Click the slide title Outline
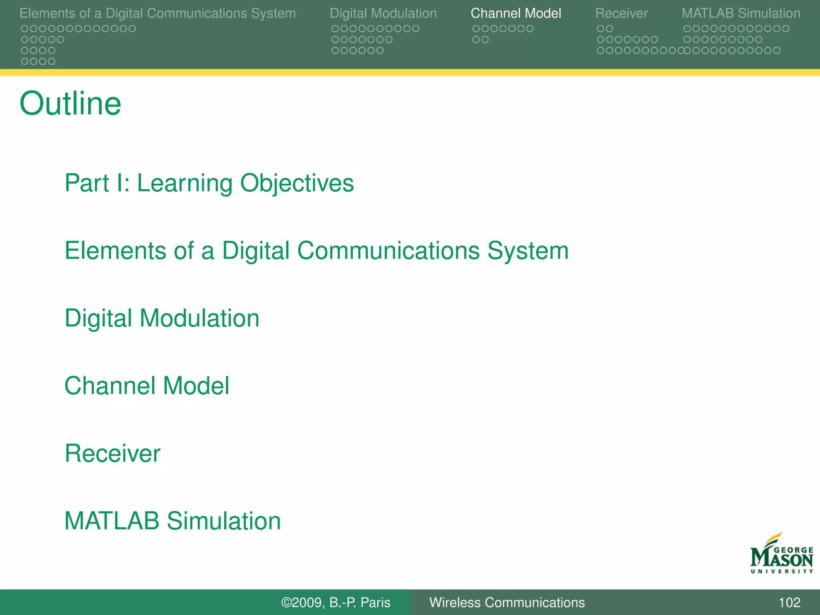pyautogui.click(x=70, y=104)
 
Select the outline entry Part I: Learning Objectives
pyautogui.click(x=209, y=183)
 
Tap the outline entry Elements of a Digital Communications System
pyautogui.click(x=316, y=251)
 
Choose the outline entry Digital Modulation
pyautogui.click(x=162, y=319)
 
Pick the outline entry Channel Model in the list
pyautogui.click(x=147, y=386)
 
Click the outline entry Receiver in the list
pyautogui.click(x=113, y=454)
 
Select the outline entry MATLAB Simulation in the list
pyautogui.click(x=173, y=521)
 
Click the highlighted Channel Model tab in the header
pyautogui.click(x=516, y=13)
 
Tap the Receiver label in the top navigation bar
pyautogui.click(x=621, y=13)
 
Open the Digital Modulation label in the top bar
pyautogui.click(x=383, y=13)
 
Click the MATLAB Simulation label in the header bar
pyautogui.click(x=741, y=13)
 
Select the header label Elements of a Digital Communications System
pyautogui.click(x=157, y=13)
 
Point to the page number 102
pyautogui.click(x=789, y=603)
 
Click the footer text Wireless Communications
pyautogui.click(x=507, y=603)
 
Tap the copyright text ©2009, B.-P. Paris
pyautogui.click(x=336, y=603)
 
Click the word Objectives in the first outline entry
pyautogui.click(x=297, y=183)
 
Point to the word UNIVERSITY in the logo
pyautogui.click(x=782, y=571)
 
